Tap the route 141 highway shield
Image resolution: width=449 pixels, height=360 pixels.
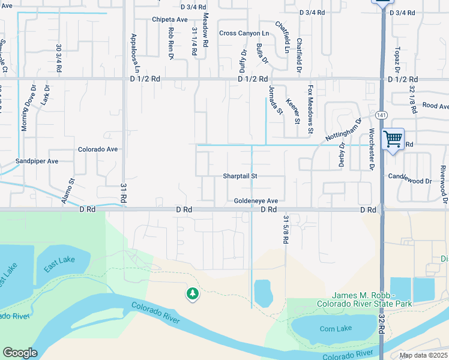pyautogui.click(x=382, y=115)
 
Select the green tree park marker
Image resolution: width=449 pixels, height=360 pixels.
pyautogui.click(x=192, y=293)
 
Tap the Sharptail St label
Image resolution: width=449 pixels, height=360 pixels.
pyautogui.click(x=240, y=176)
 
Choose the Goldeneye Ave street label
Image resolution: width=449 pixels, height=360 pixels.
pyautogui.click(x=256, y=201)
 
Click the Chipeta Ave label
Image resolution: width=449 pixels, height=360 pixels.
pyautogui.click(x=170, y=20)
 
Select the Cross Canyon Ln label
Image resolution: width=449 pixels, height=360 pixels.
pyautogui.click(x=244, y=34)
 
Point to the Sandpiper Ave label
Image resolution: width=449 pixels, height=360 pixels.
pyautogui.click(x=37, y=161)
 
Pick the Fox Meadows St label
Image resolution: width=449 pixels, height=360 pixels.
pyautogui.click(x=311, y=101)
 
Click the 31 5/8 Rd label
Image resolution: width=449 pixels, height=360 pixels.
pyautogui.click(x=286, y=229)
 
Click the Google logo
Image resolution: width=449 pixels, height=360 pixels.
pyautogui.click(x=20, y=353)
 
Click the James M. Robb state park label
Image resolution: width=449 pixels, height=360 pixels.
pyautogui.click(x=373, y=300)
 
